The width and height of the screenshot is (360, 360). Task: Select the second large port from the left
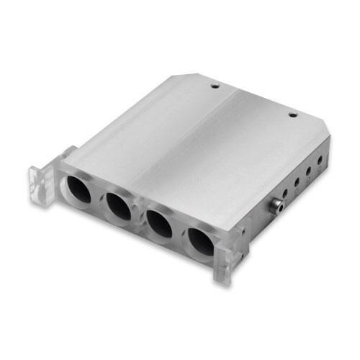(118, 207)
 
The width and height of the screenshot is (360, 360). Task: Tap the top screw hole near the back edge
(215, 86)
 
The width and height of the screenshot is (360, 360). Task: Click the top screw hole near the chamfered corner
(292, 114)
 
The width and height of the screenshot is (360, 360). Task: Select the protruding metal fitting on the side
(275, 207)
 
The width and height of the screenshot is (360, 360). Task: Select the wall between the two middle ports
(140, 217)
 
